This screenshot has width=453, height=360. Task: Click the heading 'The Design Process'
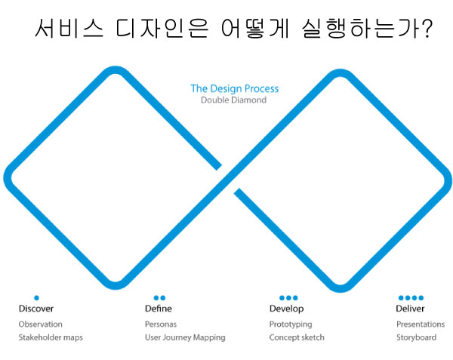point(235,88)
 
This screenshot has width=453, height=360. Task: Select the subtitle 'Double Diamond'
point(233,100)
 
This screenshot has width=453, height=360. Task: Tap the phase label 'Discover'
point(36,309)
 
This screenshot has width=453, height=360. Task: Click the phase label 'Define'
point(159,309)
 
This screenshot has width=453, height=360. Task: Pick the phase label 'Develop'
point(287,309)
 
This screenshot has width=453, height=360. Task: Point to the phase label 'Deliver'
point(410,309)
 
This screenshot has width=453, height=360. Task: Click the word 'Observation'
point(41,325)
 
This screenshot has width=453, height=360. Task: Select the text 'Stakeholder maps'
point(51,337)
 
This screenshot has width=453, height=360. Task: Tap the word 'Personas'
point(161,325)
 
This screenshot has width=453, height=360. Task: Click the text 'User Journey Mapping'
point(185,337)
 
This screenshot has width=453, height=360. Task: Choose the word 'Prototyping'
point(291,325)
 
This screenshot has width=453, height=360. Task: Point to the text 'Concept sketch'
point(297,337)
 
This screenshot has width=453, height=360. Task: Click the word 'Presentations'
point(421,325)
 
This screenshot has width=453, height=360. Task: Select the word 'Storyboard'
point(416,337)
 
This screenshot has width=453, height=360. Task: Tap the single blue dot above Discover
point(36,297)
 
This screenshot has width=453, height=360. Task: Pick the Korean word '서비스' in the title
point(69,28)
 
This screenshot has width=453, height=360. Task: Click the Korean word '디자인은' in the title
point(162,28)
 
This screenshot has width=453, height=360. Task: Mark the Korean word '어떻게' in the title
point(255,28)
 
